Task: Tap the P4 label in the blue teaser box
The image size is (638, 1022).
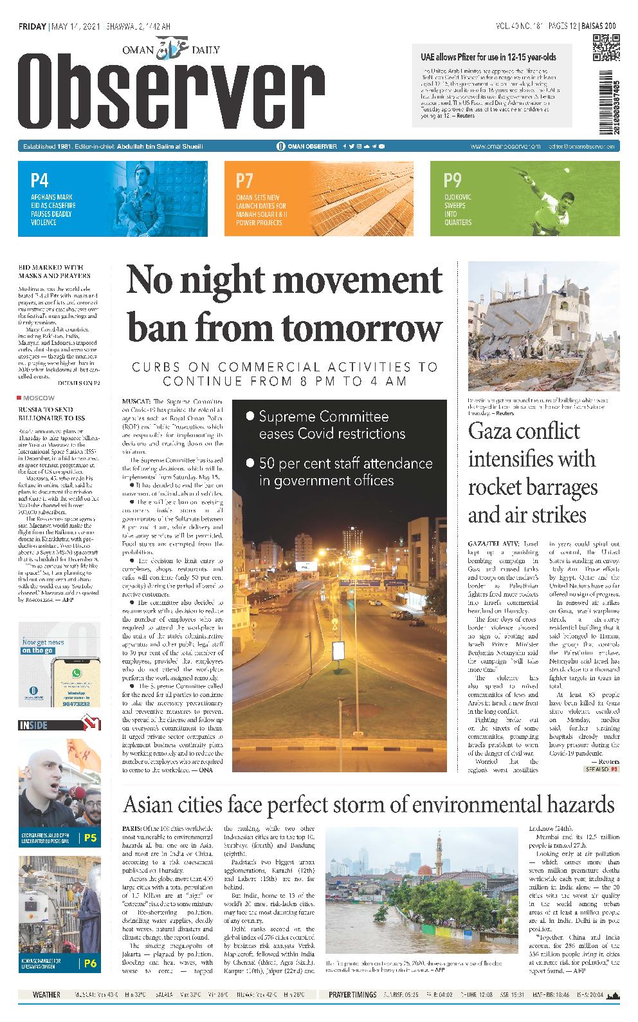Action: (40, 180)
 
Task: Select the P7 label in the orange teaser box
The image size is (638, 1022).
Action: (245, 180)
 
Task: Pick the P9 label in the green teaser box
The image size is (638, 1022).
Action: (452, 180)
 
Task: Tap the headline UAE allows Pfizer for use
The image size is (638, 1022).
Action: (489, 57)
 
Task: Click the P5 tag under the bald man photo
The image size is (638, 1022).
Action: (91, 838)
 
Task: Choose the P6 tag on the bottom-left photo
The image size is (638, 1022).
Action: (91, 963)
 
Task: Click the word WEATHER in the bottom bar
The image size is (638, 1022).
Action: (46, 995)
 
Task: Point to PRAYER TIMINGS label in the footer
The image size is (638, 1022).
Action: (352, 995)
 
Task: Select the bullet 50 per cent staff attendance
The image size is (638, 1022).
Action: (345, 472)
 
